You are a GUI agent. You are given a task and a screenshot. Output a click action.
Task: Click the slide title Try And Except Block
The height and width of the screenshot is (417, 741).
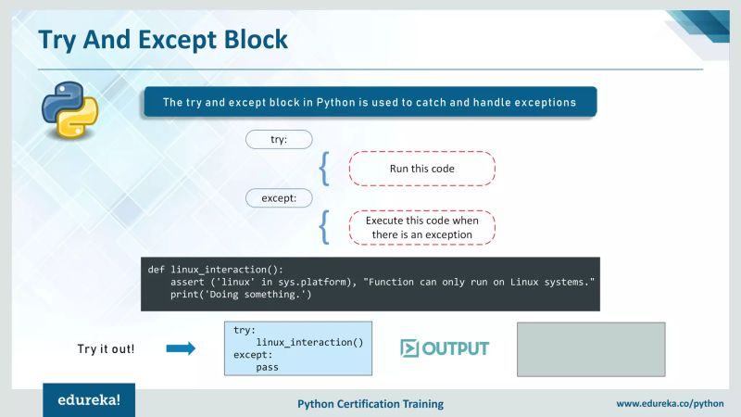[162, 40]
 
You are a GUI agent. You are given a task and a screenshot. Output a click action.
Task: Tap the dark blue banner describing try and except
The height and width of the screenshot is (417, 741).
[369, 102]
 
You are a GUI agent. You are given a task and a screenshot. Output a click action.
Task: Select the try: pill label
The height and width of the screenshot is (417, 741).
[279, 139]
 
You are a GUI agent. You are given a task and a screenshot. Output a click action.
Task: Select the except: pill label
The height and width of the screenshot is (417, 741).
[279, 197]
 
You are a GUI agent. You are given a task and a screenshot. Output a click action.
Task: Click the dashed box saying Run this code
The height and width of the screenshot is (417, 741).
[421, 169]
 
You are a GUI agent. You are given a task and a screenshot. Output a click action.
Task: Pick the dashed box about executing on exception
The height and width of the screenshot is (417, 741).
[421, 228]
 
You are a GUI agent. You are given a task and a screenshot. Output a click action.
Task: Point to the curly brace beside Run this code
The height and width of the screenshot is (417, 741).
[324, 169]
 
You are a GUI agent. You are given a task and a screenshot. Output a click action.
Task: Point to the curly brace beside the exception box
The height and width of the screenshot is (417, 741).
[324, 228]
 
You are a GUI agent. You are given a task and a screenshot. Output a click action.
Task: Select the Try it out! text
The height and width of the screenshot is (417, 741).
[106, 349]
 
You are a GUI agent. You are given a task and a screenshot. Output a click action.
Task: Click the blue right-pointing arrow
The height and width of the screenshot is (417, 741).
[181, 349]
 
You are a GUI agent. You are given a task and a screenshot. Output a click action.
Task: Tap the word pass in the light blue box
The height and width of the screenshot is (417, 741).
[268, 367]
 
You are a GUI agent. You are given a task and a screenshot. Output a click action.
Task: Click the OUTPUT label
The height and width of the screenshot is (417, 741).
[445, 348]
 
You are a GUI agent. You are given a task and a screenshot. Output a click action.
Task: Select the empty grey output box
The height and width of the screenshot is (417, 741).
[590, 348]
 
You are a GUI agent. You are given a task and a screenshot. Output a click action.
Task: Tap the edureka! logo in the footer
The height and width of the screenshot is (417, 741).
[88, 402]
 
